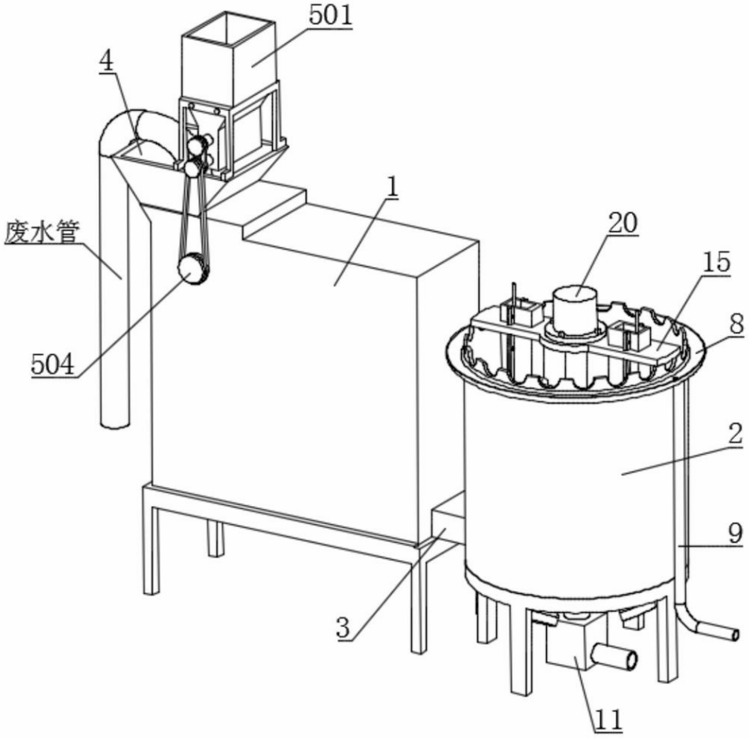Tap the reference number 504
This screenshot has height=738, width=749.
(x=53, y=365)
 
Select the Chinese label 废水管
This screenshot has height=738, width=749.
(x=42, y=232)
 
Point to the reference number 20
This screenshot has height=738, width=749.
(x=622, y=223)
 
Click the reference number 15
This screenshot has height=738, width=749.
(x=716, y=262)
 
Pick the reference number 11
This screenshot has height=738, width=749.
(x=608, y=719)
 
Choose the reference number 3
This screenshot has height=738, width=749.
(x=343, y=628)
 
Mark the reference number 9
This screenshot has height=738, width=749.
(x=737, y=324)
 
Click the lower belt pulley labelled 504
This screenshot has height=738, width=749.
(x=193, y=270)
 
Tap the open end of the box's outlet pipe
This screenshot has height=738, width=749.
(x=630, y=661)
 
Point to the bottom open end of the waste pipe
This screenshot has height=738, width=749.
(x=115, y=423)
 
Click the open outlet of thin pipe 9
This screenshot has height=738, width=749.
(x=735, y=634)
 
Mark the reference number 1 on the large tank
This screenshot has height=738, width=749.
(x=393, y=189)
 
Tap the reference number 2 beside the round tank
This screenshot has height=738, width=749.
(x=736, y=434)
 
